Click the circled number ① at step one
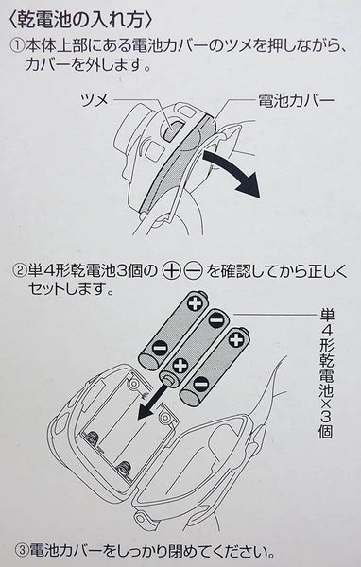coord(18,46)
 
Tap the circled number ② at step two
coord(20,270)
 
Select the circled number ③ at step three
coord(22,551)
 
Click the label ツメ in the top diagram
coord(95,99)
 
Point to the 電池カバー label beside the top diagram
coord(296,100)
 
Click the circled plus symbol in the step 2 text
coord(171,271)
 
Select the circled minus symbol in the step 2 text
coord(193,271)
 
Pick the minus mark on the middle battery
coord(216,320)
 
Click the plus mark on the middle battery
coord(180,365)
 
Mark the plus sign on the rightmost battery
coord(236,339)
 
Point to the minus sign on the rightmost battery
coord(200,384)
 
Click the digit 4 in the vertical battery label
coord(326,332)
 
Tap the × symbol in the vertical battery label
coord(326,401)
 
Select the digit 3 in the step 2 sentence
coord(123,270)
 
